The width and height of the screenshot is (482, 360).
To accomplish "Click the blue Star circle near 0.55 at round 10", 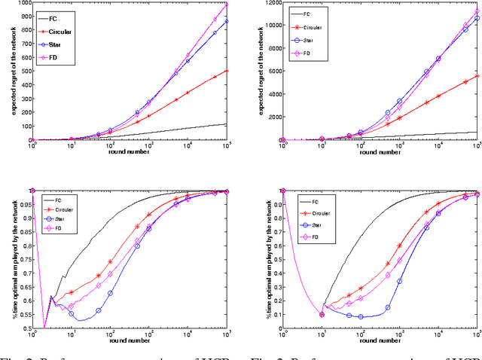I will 72,313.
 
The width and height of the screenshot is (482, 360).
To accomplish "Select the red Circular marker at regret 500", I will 227,72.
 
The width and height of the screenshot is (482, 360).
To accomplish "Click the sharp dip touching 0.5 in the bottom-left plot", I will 44,328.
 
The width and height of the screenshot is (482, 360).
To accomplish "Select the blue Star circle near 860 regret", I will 227,22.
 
